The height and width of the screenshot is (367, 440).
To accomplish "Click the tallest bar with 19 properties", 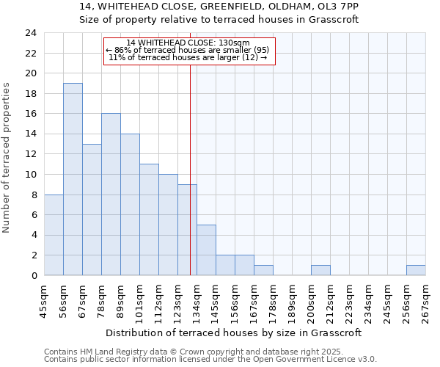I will coord(73,179).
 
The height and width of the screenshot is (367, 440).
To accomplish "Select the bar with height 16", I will coord(111,195).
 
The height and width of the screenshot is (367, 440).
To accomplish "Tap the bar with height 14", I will coord(130,205).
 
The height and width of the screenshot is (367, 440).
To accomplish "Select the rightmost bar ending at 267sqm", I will coord(416,270).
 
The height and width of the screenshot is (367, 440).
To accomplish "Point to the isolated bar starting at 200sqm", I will coord(320,270).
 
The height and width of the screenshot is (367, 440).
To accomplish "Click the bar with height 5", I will coord(206,250).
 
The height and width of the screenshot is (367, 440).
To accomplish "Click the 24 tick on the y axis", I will coord(31,33).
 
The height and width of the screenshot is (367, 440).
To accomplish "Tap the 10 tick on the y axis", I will coord(31,175).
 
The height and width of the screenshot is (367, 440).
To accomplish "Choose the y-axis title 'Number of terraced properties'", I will coord(7,158).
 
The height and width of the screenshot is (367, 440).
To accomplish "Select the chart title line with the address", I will coord(219,7).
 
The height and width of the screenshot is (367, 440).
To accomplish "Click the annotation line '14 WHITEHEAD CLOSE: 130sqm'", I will coord(188,43).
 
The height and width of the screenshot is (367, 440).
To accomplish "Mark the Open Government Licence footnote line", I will coord(210,360).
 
